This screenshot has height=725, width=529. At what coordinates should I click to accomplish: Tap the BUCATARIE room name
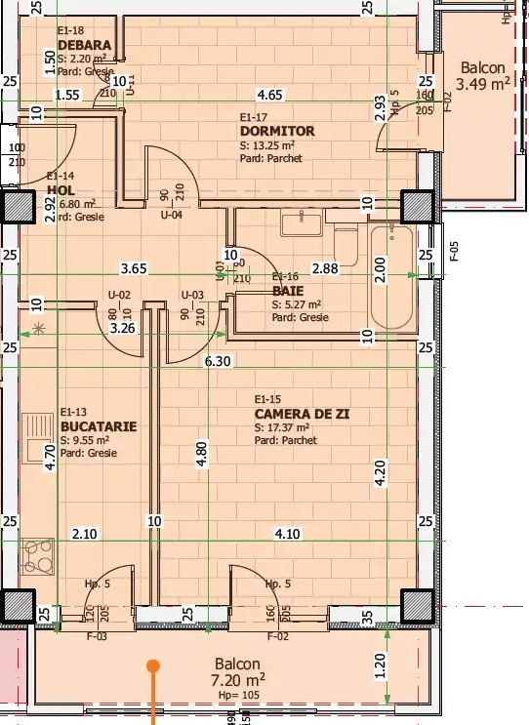point(98,426)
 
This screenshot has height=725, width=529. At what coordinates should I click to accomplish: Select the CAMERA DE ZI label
point(302,414)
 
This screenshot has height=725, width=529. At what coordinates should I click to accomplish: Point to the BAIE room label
point(285,290)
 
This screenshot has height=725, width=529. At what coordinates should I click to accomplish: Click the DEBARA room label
point(85,46)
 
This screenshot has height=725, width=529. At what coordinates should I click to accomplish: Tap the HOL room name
point(61,190)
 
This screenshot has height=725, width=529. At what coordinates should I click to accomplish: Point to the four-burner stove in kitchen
point(38,556)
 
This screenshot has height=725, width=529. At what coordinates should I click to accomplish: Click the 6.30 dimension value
point(218,361)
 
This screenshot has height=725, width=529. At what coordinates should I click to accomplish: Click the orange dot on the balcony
point(152,667)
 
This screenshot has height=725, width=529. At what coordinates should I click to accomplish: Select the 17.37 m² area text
point(282,427)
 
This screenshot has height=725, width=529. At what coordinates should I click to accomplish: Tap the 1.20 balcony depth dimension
point(380,665)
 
